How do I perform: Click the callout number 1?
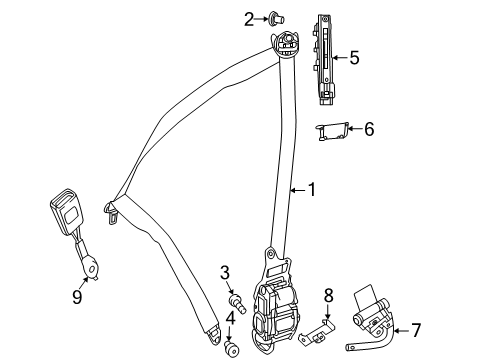tap(312, 190)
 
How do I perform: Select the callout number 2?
tap(249, 19)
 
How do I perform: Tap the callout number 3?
tap(225, 273)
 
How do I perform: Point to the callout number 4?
tap(230, 318)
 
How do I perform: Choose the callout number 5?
tap(354, 57)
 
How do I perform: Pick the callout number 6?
tap(369, 129)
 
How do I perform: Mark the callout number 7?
tap(416, 330)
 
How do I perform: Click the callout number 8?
tap(329, 295)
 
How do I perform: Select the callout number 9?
tap(77, 296)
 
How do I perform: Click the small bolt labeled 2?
tap(276, 19)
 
